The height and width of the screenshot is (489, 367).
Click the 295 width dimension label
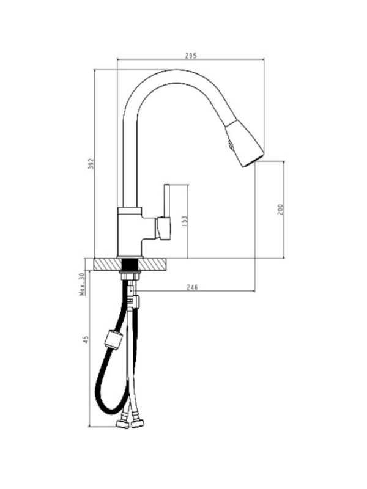pyautogui.click(x=191, y=56)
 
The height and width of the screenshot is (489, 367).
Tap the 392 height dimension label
pyautogui.click(x=91, y=164)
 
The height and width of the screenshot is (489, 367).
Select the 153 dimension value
pyautogui.click(x=185, y=221)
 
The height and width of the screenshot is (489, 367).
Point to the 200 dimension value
pyautogui.click(x=280, y=209)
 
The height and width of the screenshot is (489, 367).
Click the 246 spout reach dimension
pyautogui.click(x=192, y=287)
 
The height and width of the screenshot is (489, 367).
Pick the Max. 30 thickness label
pyautogui.click(x=82, y=284)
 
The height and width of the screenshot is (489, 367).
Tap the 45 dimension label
pyautogui.click(x=86, y=339)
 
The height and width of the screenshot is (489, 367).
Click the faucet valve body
pyautogui.click(x=130, y=232)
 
